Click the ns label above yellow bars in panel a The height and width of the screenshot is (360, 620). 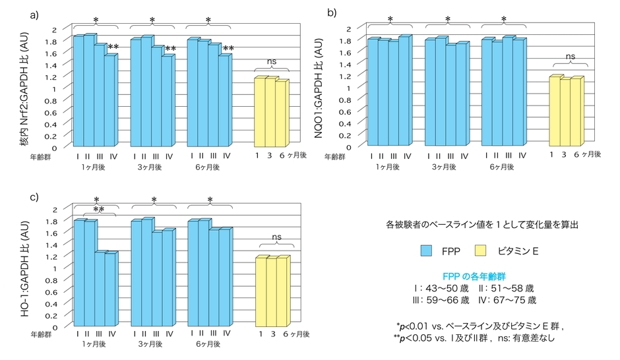click(271, 61)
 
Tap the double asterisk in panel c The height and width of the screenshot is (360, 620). click(98, 210)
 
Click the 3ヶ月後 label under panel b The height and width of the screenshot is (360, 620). click(445, 167)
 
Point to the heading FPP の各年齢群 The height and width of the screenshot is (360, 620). click(472, 275)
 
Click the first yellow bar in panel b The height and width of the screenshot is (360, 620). click(554, 110)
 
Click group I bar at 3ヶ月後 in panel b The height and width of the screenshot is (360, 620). click(429, 92)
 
